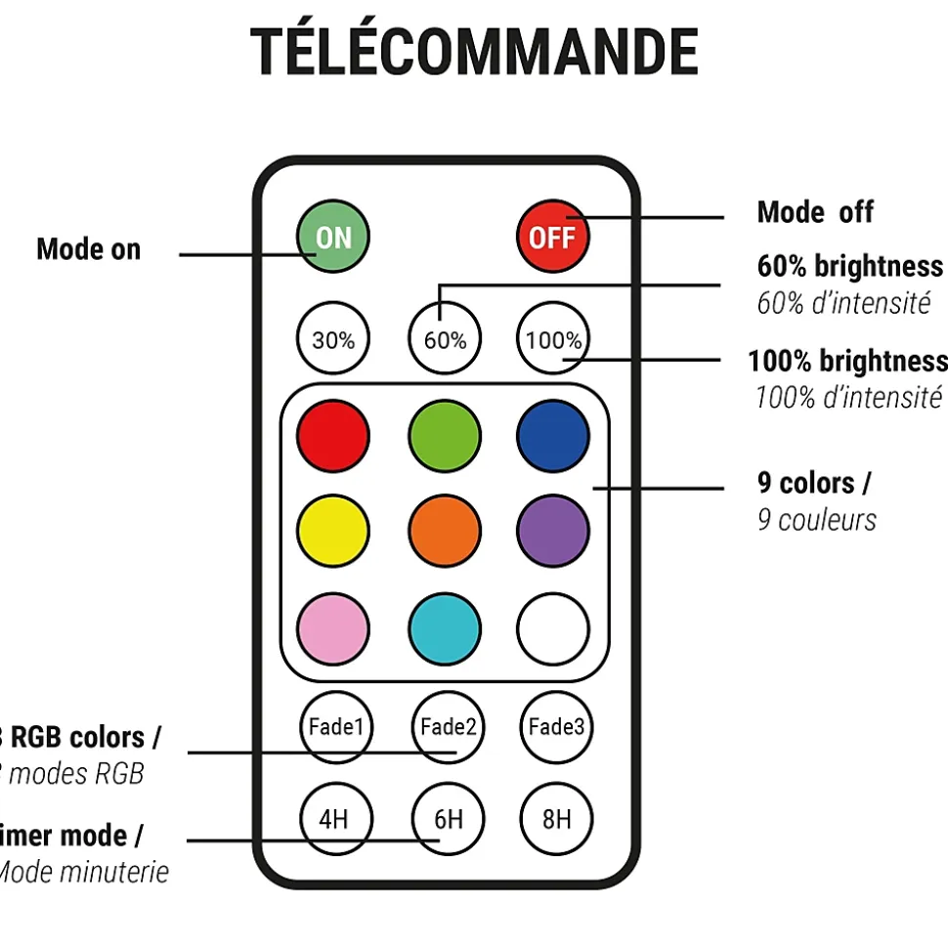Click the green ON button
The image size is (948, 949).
[x=333, y=237]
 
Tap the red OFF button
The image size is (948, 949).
[x=552, y=237]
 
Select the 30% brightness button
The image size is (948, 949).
[x=333, y=339]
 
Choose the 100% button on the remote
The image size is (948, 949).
[x=553, y=339]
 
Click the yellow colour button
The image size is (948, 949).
[x=333, y=531]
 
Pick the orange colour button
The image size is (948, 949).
[x=445, y=531]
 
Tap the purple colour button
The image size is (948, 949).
[x=553, y=531]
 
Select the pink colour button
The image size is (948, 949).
[x=333, y=627]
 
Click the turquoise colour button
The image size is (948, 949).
[x=445, y=627]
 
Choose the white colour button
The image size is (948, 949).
[x=553, y=627]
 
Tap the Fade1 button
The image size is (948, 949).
[x=335, y=726]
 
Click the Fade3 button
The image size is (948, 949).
[x=556, y=726]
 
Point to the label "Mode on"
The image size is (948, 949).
[x=88, y=249]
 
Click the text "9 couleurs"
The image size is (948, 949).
[x=816, y=520]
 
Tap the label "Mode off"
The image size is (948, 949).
[x=815, y=212]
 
